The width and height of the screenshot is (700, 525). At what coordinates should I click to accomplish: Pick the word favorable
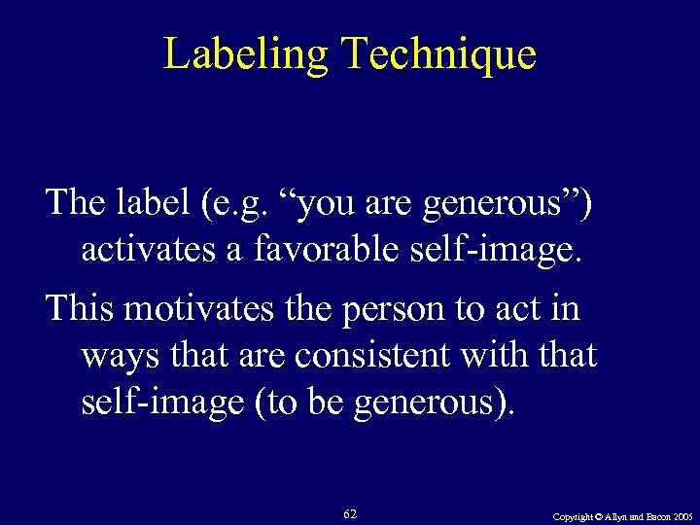point(326,250)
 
